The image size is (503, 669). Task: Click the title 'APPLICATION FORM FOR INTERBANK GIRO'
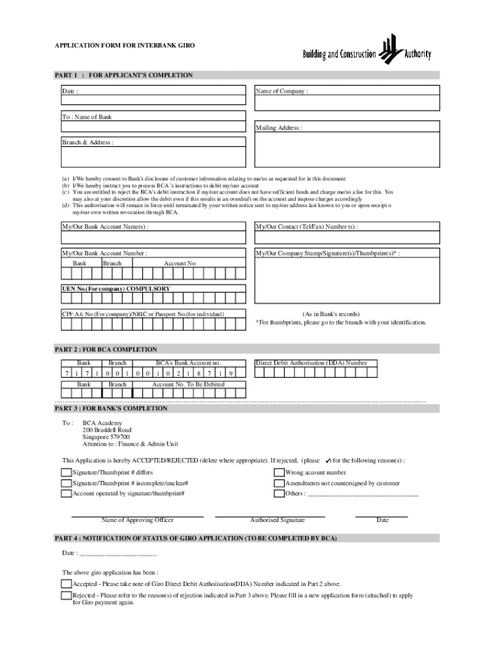pos(124,46)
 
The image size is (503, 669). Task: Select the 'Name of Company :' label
pos(282,91)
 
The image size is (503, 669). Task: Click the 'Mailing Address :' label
pos(279,128)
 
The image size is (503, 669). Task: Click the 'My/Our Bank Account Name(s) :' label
pos(105,227)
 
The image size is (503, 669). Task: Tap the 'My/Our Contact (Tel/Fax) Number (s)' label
pos(306,227)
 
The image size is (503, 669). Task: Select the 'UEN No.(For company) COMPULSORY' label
pos(116,288)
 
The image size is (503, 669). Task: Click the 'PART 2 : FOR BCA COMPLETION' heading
pos(105,350)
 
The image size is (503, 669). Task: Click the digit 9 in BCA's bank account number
pos(231,373)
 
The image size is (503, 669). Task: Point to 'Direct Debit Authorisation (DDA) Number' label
pos(311,363)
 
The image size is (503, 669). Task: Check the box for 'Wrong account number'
pos(279,472)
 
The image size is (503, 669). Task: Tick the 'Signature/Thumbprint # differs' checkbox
pos(66,472)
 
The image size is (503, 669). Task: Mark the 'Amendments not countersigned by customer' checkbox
pos(279,483)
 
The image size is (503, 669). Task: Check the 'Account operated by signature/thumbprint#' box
pos(66,494)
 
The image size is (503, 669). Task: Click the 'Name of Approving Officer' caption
pos(137,520)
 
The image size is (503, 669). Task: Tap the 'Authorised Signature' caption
pos(278,520)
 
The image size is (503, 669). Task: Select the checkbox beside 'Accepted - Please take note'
pos(66,584)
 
